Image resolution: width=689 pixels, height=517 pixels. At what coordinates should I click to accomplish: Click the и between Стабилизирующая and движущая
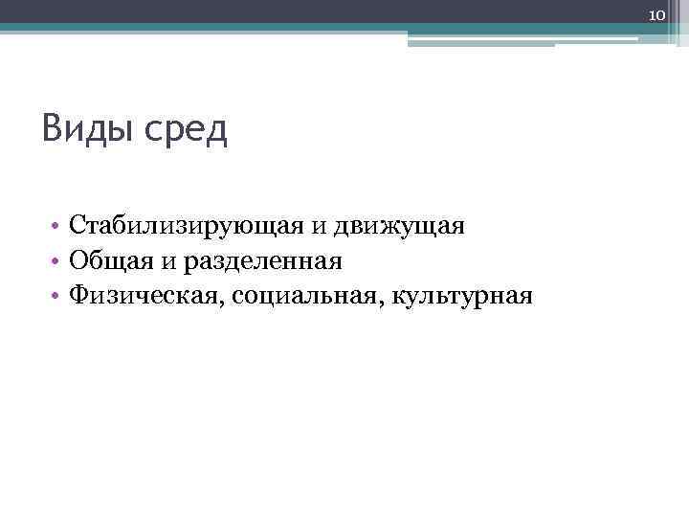(316, 228)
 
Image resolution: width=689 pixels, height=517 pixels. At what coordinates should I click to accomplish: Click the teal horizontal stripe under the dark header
(287, 28)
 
